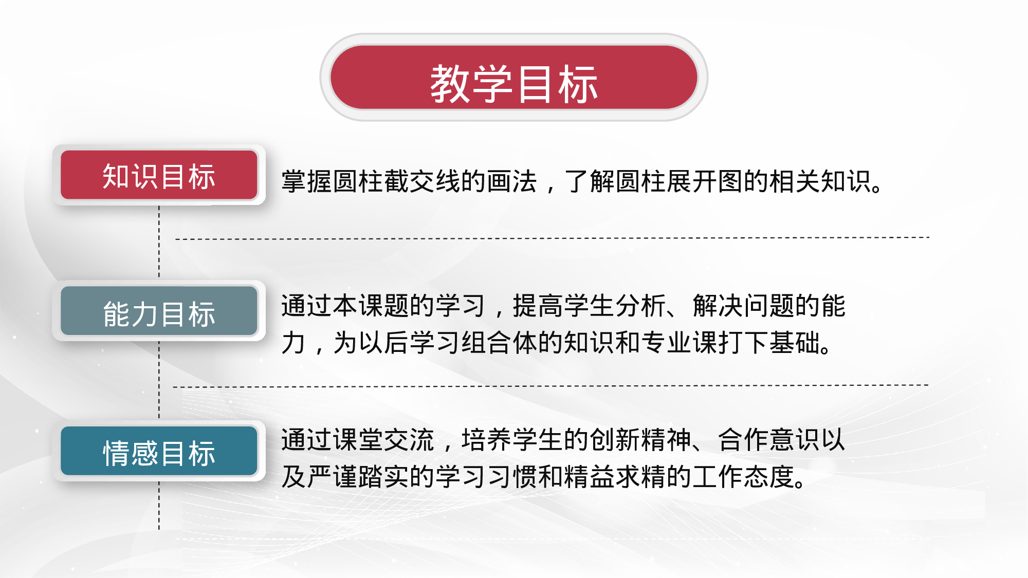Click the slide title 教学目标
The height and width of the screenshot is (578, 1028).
[x=513, y=84]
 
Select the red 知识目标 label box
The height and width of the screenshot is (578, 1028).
[x=159, y=176]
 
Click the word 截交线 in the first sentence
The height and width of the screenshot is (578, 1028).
[x=423, y=181]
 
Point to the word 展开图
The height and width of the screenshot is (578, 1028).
[x=705, y=181]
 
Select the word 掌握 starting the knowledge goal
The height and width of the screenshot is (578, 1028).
[x=307, y=181]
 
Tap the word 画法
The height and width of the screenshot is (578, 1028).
[x=512, y=181]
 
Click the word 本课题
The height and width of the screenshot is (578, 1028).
[x=371, y=306]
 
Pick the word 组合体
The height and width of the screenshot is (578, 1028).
[x=500, y=343]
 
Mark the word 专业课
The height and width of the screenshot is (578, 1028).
[x=680, y=343]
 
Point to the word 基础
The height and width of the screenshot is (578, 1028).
[x=795, y=343]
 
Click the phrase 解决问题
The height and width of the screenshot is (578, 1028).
[x=744, y=306]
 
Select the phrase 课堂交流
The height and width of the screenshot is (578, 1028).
[x=358, y=440]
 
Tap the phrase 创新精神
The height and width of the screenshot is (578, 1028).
[x=641, y=440]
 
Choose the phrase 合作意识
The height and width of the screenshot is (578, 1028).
[x=769, y=440]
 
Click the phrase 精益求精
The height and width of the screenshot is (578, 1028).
[x=615, y=477]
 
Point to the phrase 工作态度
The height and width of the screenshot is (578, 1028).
[x=744, y=477]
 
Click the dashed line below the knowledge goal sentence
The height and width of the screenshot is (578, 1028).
[x=553, y=238]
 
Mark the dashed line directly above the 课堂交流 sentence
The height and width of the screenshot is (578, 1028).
[x=550, y=386]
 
